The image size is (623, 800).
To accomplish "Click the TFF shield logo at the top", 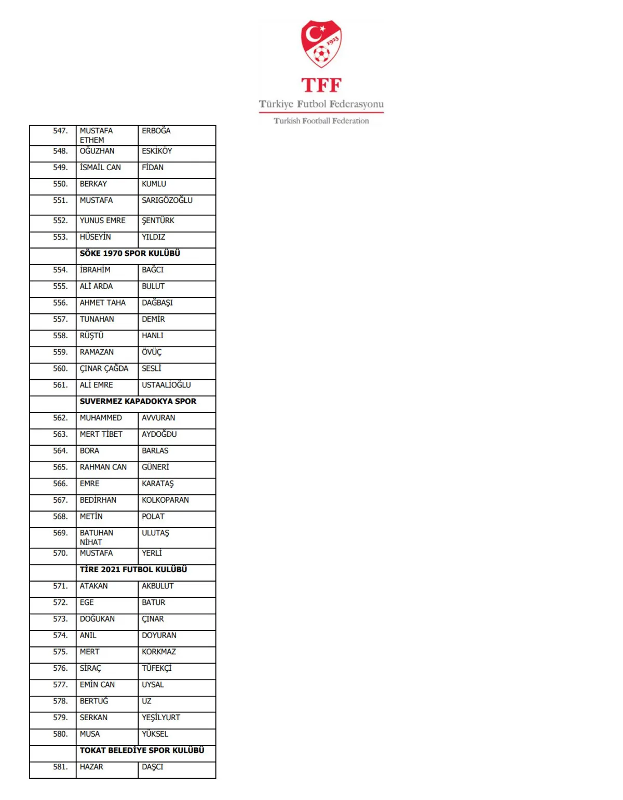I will pyautogui.click(x=321, y=44).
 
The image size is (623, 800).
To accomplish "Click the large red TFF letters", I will pyautogui.click(x=321, y=85).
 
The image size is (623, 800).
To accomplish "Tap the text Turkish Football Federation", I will pyautogui.click(x=321, y=121).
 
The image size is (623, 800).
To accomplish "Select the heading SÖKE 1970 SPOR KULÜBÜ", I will pyautogui.click(x=130, y=254).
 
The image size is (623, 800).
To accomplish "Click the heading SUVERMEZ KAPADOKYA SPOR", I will pyautogui.click(x=138, y=402).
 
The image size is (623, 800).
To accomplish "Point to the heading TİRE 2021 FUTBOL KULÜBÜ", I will pyautogui.click(x=133, y=570).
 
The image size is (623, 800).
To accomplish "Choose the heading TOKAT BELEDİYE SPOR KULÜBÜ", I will pyautogui.click(x=142, y=751).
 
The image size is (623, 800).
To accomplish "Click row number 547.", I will pyautogui.click(x=60, y=131).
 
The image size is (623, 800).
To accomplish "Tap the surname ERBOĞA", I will pyautogui.click(x=156, y=131).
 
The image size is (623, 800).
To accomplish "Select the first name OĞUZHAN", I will pyautogui.click(x=97, y=151).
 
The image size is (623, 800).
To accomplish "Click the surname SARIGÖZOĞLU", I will pyautogui.click(x=167, y=200).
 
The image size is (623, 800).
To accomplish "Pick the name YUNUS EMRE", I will pyautogui.click(x=103, y=220).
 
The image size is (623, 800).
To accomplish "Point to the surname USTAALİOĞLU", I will pyautogui.click(x=166, y=385).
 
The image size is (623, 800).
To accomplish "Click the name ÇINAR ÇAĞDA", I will pyautogui.click(x=104, y=368).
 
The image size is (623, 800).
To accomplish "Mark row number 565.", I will pyautogui.click(x=60, y=467).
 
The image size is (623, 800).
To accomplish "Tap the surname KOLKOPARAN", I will pyautogui.click(x=165, y=500).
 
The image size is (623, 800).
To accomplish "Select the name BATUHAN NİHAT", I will pyautogui.click(x=97, y=537).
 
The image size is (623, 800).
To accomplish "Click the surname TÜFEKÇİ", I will pyautogui.click(x=156, y=668).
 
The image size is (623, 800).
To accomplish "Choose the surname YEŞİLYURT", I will pyautogui.click(x=161, y=718).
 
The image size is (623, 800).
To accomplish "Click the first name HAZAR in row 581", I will pyautogui.click(x=91, y=767).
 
